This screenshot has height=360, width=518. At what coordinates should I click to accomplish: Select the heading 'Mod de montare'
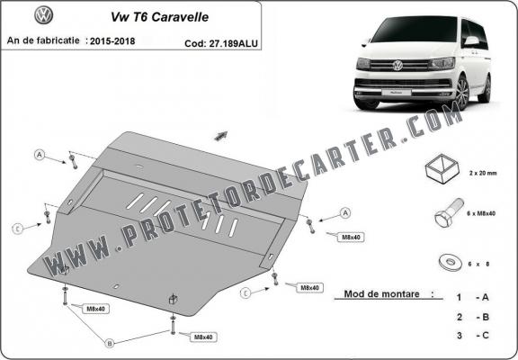coord(381,294)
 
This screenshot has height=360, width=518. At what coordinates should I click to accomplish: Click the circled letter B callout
coord(110,342)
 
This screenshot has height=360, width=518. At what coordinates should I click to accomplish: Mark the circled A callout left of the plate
coord(40,155)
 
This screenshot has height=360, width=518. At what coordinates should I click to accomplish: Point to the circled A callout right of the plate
coord(344,212)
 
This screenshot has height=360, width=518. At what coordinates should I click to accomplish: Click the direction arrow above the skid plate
coord(221,136)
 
